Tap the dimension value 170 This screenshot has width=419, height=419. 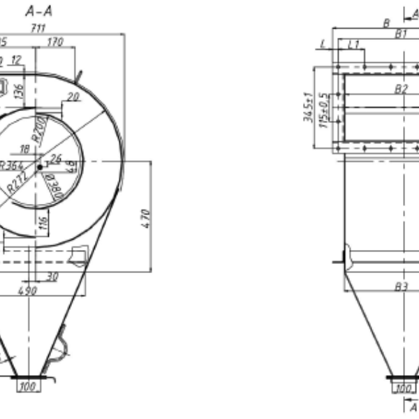click(x=55, y=43)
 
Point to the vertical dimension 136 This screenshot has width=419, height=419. click(x=19, y=89)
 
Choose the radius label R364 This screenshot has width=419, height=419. click(x=12, y=166)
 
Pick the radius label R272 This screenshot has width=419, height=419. click(x=17, y=184)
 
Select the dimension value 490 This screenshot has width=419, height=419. click(x=27, y=291)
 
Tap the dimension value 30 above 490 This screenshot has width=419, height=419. click(x=52, y=277)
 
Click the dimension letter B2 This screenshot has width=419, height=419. click(x=401, y=89)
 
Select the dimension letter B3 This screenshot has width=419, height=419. click(x=401, y=286)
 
